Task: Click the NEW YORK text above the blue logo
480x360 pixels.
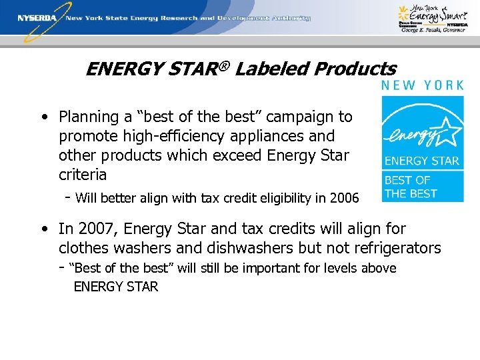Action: (422, 85)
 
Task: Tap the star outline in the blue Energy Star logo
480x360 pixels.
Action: (446, 134)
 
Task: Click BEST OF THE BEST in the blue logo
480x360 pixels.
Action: (411, 187)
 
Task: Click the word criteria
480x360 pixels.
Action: (83, 175)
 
